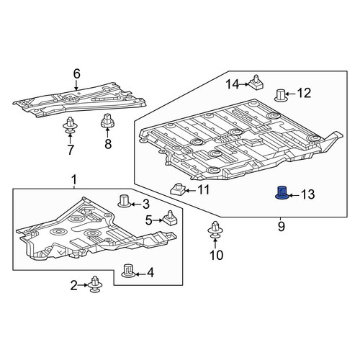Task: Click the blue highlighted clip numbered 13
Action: click(282, 193)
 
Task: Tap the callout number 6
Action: click(76, 74)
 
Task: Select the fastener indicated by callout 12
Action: click(281, 95)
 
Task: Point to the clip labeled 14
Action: click(256, 83)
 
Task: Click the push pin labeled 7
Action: click(70, 125)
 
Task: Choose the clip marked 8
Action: click(107, 120)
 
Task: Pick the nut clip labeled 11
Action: click(178, 189)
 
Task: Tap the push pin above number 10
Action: click(215, 230)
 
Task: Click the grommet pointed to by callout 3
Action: click(125, 201)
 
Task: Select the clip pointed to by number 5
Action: click(170, 218)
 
